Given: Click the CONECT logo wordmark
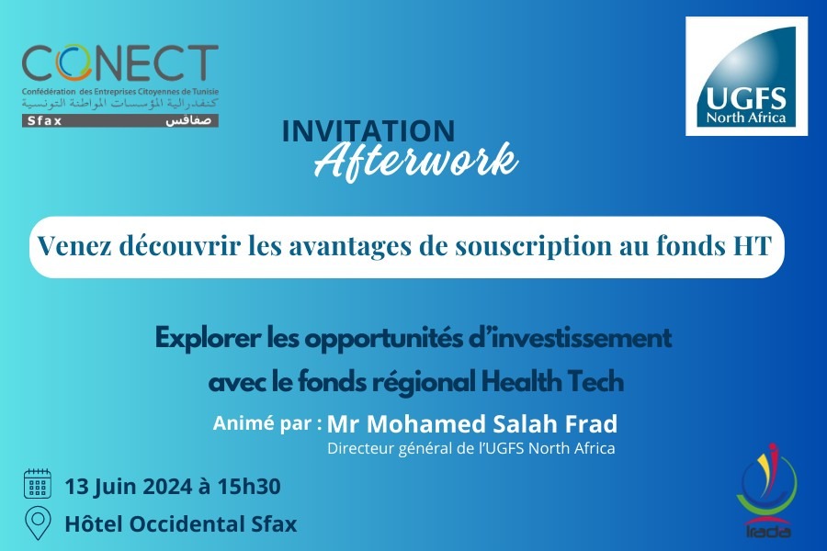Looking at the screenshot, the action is [x=119, y=63].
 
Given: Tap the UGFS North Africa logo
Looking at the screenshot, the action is [x=746, y=76].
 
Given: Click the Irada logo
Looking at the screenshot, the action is [x=767, y=490].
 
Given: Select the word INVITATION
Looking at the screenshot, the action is [x=368, y=131].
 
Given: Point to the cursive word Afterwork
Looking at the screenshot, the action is [x=416, y=160].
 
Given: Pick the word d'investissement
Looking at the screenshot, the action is [x=571, y=338].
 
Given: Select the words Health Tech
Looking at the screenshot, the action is [x=553, y=381].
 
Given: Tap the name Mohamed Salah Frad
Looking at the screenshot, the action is [x=493, y=424].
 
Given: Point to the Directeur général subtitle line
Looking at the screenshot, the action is [x=471, y=449].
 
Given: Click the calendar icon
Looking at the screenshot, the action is [x=38, y=484].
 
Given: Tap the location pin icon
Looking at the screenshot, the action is [x=38, y=523].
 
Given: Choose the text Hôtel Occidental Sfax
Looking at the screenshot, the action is [x=181, y=524].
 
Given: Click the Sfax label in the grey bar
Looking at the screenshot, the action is [x=44, y=120].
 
